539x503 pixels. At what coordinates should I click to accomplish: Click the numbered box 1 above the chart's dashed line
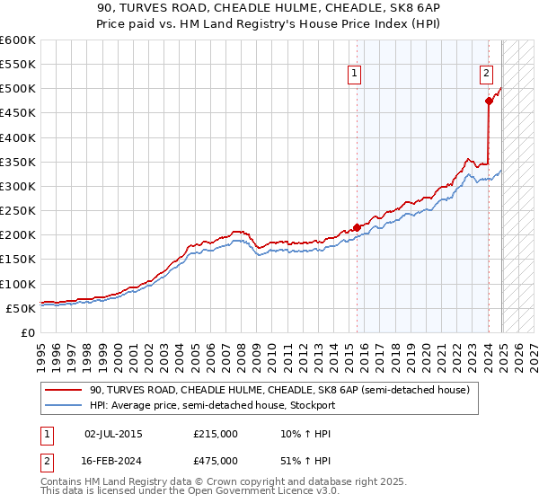(355, 75)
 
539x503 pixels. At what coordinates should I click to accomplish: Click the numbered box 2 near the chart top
(486, 75)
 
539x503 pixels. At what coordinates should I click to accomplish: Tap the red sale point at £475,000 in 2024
(489, 101)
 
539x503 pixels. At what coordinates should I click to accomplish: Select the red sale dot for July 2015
(357, 227)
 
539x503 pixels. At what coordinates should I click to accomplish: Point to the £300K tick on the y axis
(20, 186)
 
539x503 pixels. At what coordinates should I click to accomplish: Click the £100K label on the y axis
(20, 284)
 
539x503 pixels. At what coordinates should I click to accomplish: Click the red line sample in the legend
(64, 391)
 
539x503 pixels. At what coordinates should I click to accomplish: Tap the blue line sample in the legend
(64, 405)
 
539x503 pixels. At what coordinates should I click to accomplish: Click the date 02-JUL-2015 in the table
(113, 434)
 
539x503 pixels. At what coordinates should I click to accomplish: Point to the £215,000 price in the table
(215, 434)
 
